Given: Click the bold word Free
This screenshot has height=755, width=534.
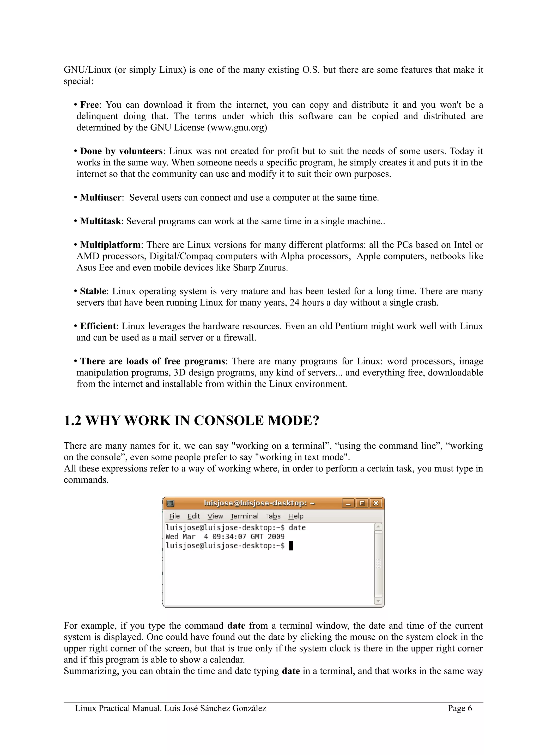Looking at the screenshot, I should [89, 105].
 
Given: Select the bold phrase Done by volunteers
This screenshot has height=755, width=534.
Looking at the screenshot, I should [122, 151].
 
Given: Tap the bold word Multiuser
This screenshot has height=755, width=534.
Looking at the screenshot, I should [100, 198].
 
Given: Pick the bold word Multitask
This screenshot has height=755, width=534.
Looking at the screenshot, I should [100, 221].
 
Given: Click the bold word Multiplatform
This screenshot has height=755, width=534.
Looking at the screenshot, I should [110, 245].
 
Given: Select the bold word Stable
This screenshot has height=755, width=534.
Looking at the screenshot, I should [93, 291].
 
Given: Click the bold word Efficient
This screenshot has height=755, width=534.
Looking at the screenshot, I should [98, 326].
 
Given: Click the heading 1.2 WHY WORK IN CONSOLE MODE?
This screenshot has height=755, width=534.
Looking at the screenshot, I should [191, 421].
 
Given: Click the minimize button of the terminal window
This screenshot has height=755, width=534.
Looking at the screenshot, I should [348, 503].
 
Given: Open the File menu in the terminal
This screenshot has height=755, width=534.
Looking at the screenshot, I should [174, 516].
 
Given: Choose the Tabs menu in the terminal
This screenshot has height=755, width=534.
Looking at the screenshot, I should [273, 516].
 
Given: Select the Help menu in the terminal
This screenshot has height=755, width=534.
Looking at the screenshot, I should [296, 516].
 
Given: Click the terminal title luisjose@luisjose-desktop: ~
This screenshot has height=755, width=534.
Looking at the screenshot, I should [259, 503].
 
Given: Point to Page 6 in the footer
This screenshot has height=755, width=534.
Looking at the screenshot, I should [460, 708].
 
